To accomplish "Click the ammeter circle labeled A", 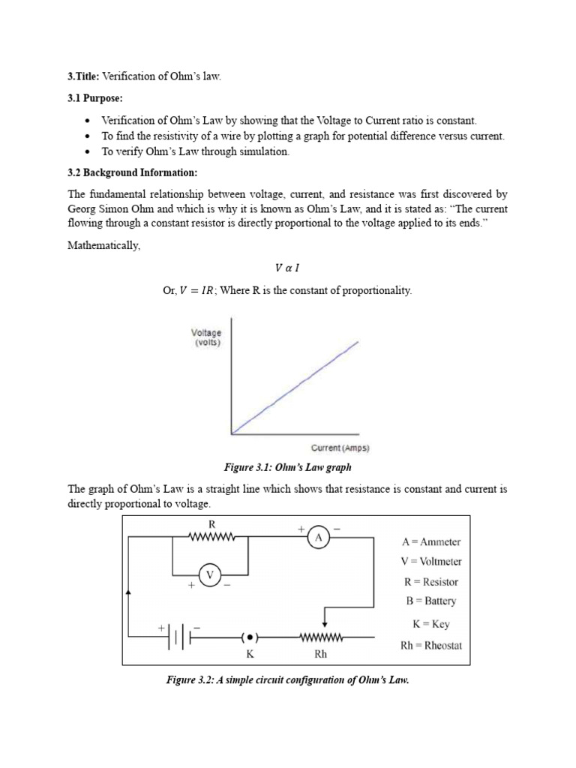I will point(318,537).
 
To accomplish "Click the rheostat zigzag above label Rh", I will point(321,637).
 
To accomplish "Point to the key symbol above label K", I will point(250,637).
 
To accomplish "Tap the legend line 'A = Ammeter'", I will point(430,541).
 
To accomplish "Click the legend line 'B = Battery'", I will point(428,601).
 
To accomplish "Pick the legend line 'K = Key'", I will point(430,623).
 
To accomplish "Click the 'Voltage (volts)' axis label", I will point(206,337).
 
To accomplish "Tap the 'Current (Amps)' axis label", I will point(340,448).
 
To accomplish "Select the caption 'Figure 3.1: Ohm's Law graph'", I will point(287,468).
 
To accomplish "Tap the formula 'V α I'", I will point(288,268).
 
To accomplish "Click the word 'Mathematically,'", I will point(104,245).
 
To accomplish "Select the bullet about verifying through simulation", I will point(195,151).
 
